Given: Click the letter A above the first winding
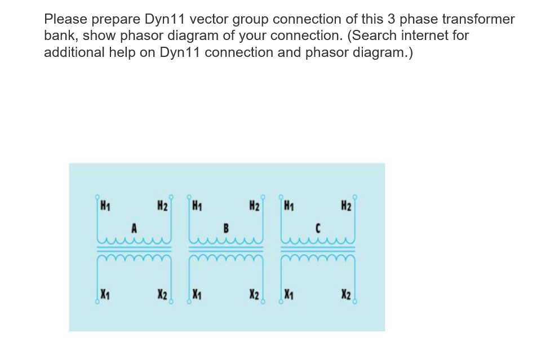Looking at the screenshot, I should [134, 228].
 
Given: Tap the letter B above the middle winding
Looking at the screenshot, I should [226, 228].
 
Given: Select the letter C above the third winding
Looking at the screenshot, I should [318, 228].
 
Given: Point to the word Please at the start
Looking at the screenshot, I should [64, 19].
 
